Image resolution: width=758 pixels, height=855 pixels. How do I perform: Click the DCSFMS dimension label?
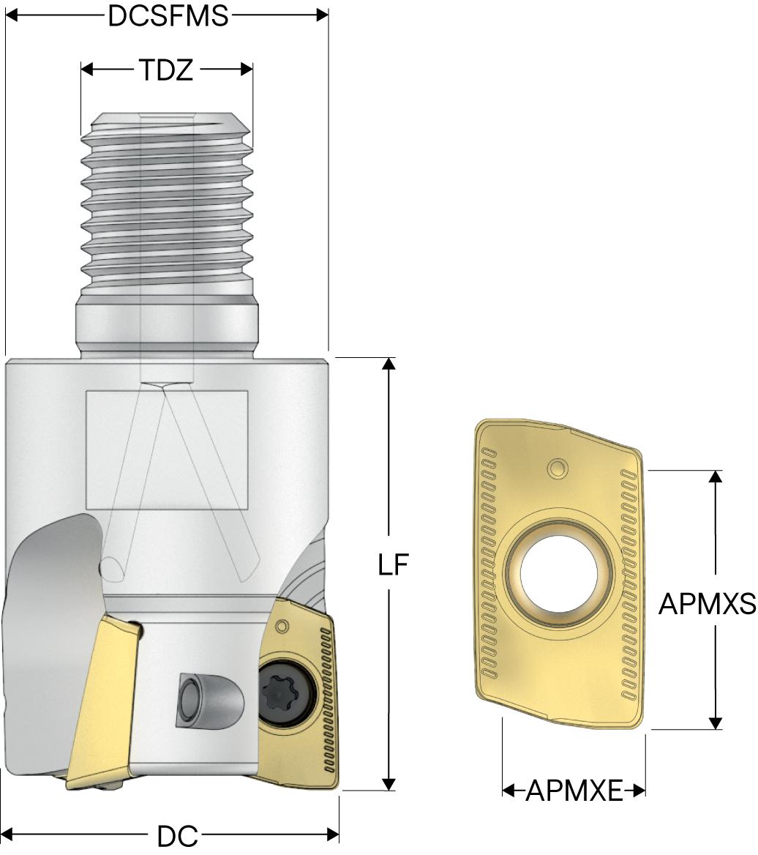coord(168,16)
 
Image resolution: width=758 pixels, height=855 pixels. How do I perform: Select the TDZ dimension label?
coord(167,70)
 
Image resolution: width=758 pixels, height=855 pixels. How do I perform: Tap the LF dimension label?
coord(393,565)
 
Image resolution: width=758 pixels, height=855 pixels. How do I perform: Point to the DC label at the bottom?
coord(178,836)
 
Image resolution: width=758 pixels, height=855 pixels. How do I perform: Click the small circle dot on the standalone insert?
coord(558,468)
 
